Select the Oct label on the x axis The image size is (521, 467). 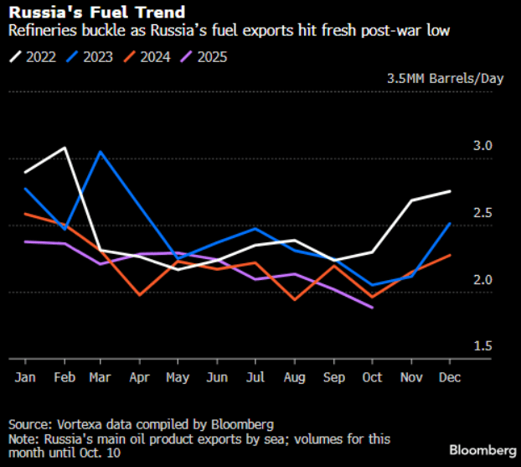point(371,378)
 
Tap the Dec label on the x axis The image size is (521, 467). point(450,378)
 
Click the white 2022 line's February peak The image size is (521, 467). point(64,148)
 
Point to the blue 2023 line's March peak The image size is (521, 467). point(101,152)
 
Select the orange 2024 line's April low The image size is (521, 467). point(139,295)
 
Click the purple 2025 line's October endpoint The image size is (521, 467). point(371,308)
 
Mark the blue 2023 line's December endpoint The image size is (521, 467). point(450,224)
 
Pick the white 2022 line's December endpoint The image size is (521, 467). point(450,191)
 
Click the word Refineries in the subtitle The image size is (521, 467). point(38,31)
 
